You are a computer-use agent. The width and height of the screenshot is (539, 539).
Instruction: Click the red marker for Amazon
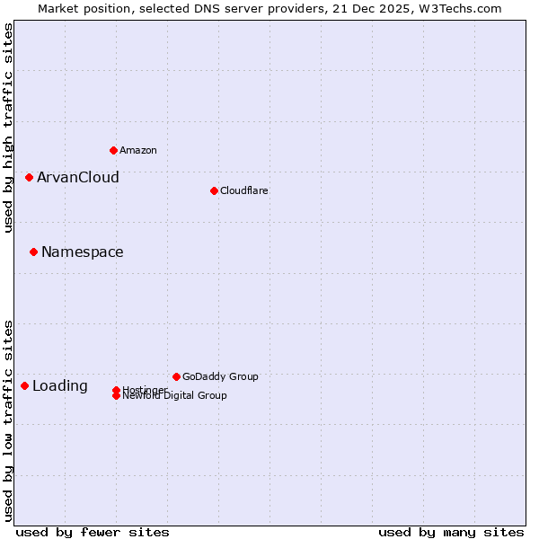[113, 150]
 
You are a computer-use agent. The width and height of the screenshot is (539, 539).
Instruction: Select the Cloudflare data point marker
[214, 190]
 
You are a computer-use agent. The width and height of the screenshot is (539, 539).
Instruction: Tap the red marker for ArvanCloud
[29, 177]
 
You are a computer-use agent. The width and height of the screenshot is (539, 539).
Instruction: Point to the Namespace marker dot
[33, 252]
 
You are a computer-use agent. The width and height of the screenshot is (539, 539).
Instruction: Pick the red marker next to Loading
[24, 385]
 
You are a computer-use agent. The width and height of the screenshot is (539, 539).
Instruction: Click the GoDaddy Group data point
[176, 376]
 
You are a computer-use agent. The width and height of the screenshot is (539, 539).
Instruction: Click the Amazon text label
[138, 150]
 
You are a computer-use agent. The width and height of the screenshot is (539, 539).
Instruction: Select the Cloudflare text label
[243, 190]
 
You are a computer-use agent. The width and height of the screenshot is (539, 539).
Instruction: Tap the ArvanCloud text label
[78, 177]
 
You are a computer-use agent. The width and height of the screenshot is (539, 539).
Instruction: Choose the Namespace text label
[83, 252]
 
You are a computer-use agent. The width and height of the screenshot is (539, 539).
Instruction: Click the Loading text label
[60, 386]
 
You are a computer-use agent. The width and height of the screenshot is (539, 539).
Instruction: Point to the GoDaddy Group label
[220, 376]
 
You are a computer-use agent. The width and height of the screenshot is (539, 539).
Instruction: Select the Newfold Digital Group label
[175, 395]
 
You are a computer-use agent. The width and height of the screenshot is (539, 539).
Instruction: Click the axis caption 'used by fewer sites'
[93, 532]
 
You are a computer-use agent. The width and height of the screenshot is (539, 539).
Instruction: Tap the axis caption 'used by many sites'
[451, 532]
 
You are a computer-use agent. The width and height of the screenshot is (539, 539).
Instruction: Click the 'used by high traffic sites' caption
[9, 128]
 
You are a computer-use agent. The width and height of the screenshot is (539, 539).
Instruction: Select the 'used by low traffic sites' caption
[9, 420]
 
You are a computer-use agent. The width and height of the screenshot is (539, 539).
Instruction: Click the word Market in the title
[58, 9]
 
